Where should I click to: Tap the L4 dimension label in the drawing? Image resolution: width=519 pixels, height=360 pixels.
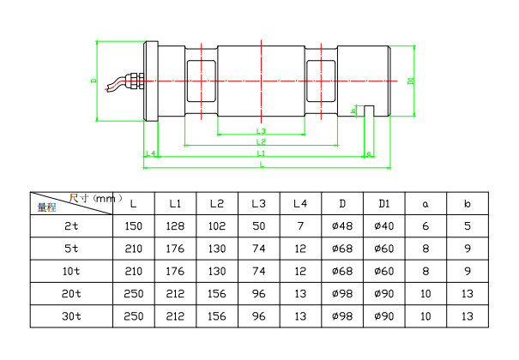click(x=151, y=153)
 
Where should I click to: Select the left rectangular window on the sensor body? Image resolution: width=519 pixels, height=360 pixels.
click(x=202, y=83)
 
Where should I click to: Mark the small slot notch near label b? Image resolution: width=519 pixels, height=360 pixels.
click(x=370, y=110)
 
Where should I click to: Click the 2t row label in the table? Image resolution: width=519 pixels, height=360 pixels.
click(x=72, y=226)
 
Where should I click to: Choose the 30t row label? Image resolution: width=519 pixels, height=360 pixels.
click(x=72, y=316)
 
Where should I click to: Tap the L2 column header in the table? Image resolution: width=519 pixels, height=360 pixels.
click(x=216, y=204)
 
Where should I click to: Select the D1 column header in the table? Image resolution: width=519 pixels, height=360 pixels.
click(x=383, y=204)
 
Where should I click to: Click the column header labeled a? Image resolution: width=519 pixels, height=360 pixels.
click(x=425, y=204)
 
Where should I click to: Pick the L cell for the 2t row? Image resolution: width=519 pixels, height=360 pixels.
click(x=133, y=226)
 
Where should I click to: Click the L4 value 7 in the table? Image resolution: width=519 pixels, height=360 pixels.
click(x=299, y=226)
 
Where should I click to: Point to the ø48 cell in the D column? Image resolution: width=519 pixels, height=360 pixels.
click(x=341, y=226)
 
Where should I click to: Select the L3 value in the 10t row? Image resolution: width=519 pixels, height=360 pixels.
click(x=258, y=272)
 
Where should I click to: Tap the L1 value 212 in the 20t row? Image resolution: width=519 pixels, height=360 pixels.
click(x=175, y=294)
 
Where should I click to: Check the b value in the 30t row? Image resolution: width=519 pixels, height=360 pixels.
click(x=467, y=316)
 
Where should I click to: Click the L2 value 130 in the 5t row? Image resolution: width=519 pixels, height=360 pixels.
click(x=216, y=249)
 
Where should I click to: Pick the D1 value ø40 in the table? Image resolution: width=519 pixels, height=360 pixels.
click(x=383, y=226)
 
